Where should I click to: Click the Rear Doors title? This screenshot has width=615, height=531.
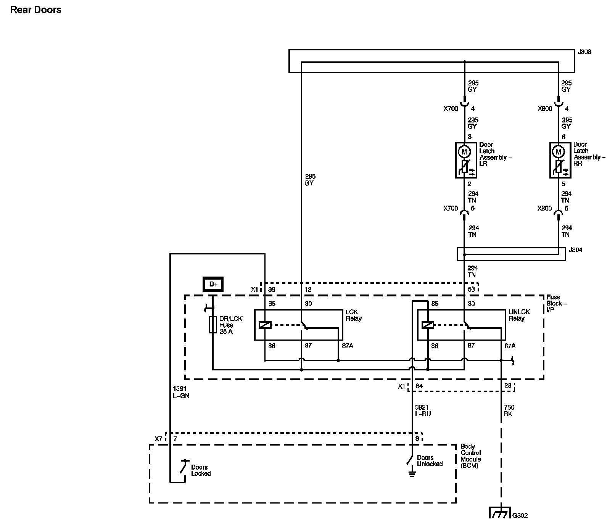click(36, 10)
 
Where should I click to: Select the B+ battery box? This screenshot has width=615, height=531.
click(213, 284)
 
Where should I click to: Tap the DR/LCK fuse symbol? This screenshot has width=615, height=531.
click(213, 325)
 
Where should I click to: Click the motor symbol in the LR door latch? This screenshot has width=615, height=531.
click(464, 152)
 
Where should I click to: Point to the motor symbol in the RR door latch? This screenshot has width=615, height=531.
click(559, 152)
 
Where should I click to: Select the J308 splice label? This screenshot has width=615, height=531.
click(584, 52)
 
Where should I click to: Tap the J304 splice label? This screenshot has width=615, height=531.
click(576, 250)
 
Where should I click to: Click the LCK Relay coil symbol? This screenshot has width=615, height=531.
click(265, 325)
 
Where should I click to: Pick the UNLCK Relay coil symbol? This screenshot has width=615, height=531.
click(428, 325)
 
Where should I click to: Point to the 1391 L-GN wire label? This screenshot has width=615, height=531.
click(181, 392)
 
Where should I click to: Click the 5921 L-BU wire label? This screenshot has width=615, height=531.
click(423, 410)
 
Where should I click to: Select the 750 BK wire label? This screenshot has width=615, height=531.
click(509, 410)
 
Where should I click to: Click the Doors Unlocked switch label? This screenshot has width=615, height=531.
click(430, 461)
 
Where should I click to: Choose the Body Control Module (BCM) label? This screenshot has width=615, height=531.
click(471, 456)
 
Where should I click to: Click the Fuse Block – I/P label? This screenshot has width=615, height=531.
click(557, 303)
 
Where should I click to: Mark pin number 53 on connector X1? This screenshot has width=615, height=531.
click(471, 289)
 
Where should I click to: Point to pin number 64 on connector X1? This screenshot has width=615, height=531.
click(419, 386)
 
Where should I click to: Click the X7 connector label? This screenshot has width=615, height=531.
click(159, 439)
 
